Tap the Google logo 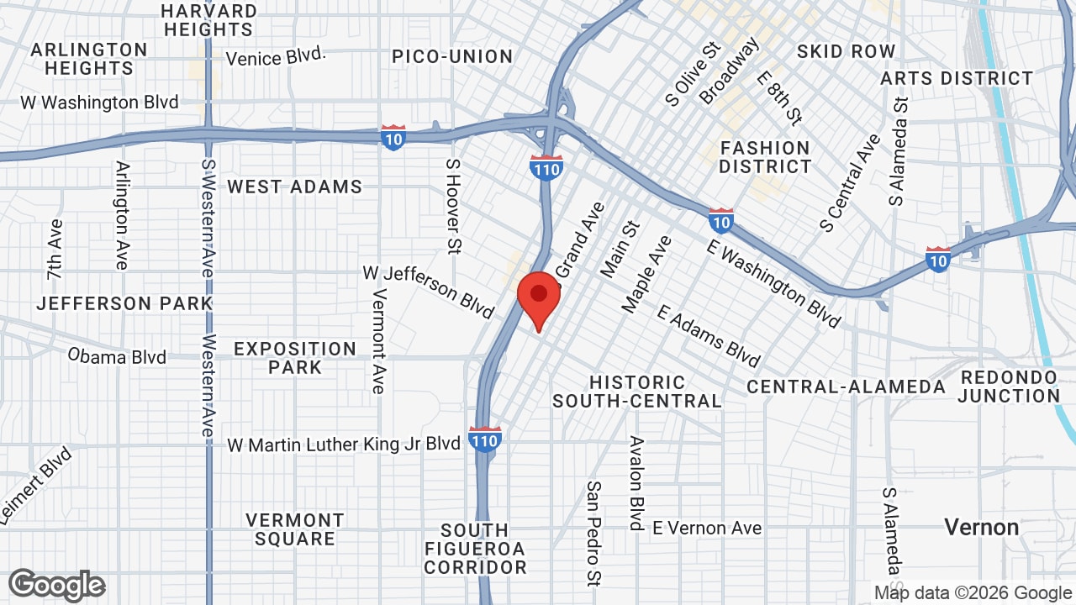click(57, 585)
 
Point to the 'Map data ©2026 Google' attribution click(973, 592)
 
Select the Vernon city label click(981, 528)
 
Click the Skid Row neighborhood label click(846, 51)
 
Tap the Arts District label click(957, 78)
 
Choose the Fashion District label click(764, 157)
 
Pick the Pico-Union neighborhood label click(452, 56)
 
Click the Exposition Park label click(295, 357)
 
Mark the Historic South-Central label click(636, 392)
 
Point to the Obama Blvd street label click(117, 356)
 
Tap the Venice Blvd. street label click(276, 57)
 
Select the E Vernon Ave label click(707, 528)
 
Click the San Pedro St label click(594, 532)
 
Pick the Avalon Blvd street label click(637, 482)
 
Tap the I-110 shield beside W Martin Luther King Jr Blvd click(485, 439)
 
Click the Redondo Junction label click(1008, 387)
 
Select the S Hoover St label click(454, 206)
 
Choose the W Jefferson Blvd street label click(428, 292)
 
